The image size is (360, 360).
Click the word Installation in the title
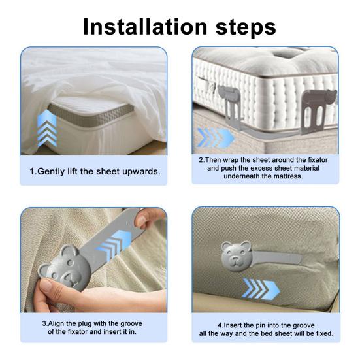point(145,27)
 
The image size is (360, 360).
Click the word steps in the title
point(246,29)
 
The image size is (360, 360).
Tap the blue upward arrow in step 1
point(47,128)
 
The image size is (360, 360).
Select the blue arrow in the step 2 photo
point(216,138)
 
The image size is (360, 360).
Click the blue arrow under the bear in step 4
point(261,289)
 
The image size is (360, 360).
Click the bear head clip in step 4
point(236,256)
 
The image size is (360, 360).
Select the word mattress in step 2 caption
point(288,176)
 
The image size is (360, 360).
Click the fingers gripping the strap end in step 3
point(149,218)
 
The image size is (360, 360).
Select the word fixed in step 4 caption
point(323,333)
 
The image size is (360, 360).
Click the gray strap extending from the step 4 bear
point(276,257)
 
